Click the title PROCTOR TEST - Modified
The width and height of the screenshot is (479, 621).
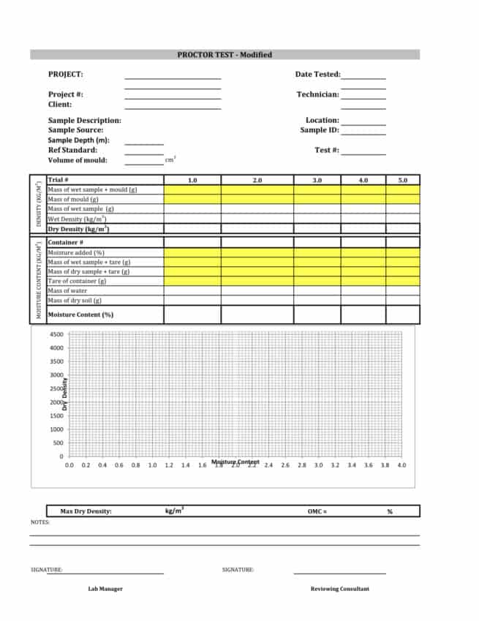click(x=225, y=55)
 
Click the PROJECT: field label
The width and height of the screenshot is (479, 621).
click(x=66, y=74)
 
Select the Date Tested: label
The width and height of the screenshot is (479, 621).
click(x=317, y=74)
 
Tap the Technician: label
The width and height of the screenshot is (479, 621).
click(x=317, y=94)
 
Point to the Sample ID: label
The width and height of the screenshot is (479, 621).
click(x=320, y=130)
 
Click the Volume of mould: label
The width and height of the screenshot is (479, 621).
click(x=78, y=160)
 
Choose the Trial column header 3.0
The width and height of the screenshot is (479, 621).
click(x=317, y=180)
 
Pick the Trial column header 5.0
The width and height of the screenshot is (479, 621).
click(x=402, y=180)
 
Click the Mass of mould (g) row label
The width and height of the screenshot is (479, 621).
click(x=73, y=199)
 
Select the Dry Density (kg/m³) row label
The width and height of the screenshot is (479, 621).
click(x=78, y=229)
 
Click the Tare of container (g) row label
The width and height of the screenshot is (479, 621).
click(x=78, y=281)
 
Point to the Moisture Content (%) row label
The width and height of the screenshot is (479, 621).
click(x=80, y=315)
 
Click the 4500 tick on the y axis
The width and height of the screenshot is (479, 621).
click(x=56, y=334)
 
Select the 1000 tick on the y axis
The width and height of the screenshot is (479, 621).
click(x=56, y=429)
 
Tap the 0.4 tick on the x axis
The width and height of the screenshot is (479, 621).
click(x=102, y=465)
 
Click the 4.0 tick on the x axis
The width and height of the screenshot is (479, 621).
click(x=401, y=465)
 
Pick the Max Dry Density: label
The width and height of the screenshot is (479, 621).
click(x=86, y=511)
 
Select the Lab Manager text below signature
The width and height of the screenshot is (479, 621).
click(x=105, y=589)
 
